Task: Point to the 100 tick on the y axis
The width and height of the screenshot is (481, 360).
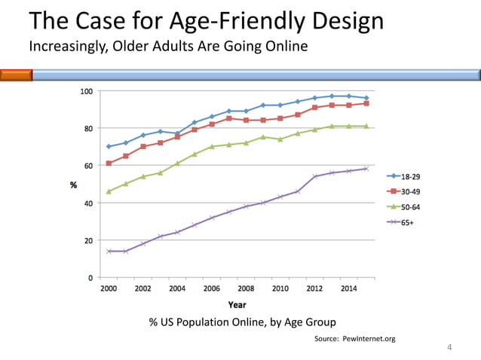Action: (x=87, y=91)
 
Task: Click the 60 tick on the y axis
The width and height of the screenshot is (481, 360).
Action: (x=88, y=166)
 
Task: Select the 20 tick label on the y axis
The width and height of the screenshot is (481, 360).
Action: (x=88, y=240)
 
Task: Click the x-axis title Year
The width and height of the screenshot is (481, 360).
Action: (x=237, y=304)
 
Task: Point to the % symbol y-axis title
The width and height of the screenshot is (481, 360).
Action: (x=73, y=185)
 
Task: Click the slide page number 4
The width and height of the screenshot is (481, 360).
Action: (x=449, y=347)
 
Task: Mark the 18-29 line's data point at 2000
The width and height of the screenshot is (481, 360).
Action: (x=109, y=146)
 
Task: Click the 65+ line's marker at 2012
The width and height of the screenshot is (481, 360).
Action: (x=314, y=176)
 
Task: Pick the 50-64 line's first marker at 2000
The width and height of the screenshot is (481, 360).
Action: (x=109, y=191)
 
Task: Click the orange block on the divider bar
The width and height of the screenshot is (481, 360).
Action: (x=16, y=75)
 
